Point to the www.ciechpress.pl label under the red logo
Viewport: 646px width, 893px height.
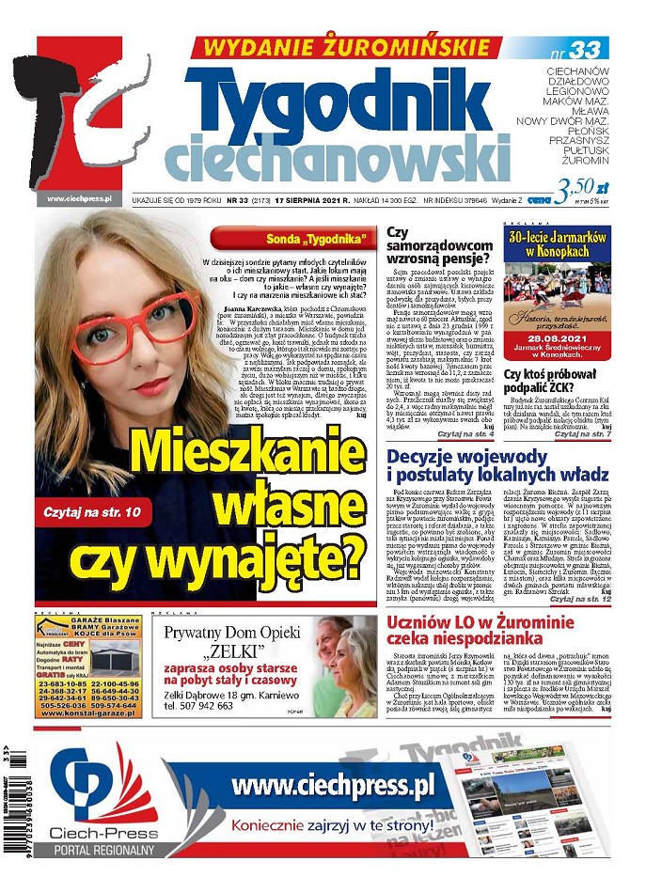[x=79, y=198]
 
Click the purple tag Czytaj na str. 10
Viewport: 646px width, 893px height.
[x=84, y=511]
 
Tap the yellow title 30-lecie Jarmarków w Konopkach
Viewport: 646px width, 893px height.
[x=557, y=247]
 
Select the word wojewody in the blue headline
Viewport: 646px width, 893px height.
[x=500, y=457]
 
